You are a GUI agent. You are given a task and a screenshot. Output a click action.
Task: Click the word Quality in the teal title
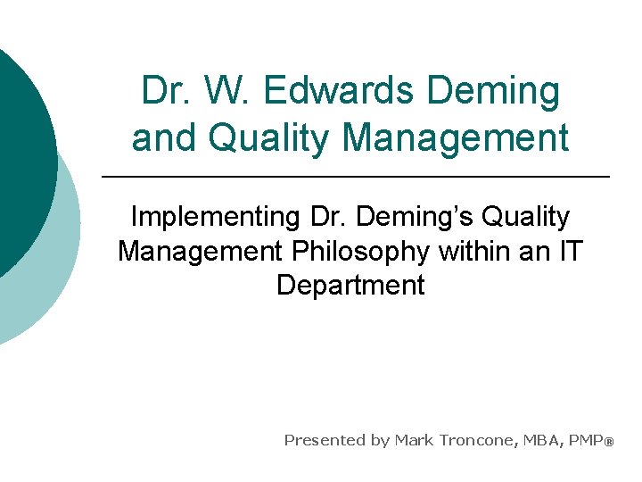(x=272, y=138)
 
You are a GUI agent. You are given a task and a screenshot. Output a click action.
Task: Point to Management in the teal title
(x=455, y=138)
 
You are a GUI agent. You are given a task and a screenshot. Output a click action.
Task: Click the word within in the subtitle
(x=474, y=251)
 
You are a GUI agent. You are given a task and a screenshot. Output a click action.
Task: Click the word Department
(x=350, y=285)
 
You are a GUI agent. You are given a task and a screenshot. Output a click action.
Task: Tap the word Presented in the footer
(x=324, y=440)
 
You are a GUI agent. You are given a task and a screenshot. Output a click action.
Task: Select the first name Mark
(x=416, y=440)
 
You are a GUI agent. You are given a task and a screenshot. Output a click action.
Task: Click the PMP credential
(x=586, y=440)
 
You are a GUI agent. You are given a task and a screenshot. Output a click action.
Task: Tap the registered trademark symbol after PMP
(x=610, y=442)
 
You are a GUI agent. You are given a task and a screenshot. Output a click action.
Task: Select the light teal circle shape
(x=58, y=268)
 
